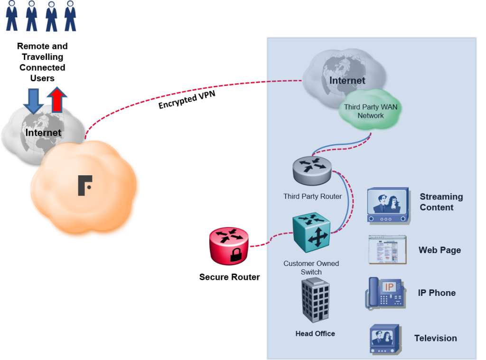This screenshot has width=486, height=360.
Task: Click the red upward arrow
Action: pyautogui.click(x=57, y=99)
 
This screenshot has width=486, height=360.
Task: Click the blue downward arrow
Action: pyautogui.click(x=33, y=100)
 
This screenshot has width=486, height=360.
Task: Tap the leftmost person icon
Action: pyautogui.click(x=12, y=16)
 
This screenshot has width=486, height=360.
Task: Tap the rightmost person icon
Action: pyautogui.click(x=70, y=16)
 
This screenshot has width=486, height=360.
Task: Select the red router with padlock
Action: pyautogui.click(x=229, y=246)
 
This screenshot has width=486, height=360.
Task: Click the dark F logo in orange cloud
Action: pyautogui.click(x=85, y=185)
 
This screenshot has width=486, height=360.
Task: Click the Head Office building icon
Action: pyautogui.click(x=315, y=301)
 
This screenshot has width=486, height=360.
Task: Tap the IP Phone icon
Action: pyautogui.click(x=386, y=294)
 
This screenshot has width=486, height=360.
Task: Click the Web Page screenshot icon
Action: pyautogui.click(x=387, y=249)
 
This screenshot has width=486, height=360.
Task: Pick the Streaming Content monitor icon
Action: pyautogui.click(x=388, y=206)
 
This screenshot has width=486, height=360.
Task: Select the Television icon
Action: pyautogui.click(x=386, y=339)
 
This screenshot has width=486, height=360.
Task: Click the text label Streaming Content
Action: pyautogui.click(x=441, y=202)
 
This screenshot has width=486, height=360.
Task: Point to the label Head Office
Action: pyautogui.click(x=315, y=333)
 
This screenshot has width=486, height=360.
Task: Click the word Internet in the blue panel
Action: pyautogui.click(x=347, y=80)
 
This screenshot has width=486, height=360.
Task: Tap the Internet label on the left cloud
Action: pyautogui.click(x=43, y=133)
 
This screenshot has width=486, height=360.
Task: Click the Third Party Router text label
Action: pyautogui.click(x=312, y=196)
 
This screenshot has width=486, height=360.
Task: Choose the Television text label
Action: pyautogui.click(x=435, y=338)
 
